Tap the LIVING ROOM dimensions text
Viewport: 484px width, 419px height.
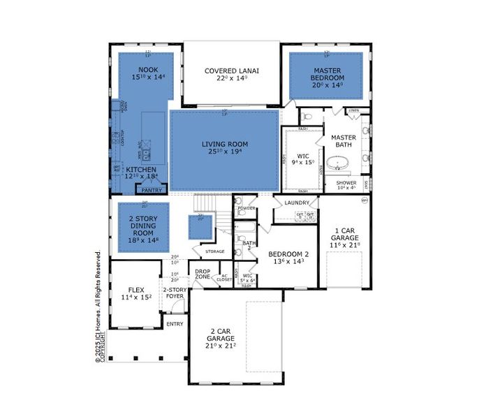coord(225,152)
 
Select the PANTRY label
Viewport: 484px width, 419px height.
coord(152,190)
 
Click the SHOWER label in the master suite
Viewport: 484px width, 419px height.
coord(346,183)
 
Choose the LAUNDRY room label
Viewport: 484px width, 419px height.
coord(296,203)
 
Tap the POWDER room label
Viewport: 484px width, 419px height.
coord(245,208)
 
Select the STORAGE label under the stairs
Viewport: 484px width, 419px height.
coord(214,251)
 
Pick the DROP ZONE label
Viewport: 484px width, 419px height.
coord(203,274)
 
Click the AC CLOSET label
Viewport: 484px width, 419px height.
coord(225,278)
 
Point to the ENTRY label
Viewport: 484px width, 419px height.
coord(173,324)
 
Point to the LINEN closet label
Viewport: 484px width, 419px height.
coord(353,110)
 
